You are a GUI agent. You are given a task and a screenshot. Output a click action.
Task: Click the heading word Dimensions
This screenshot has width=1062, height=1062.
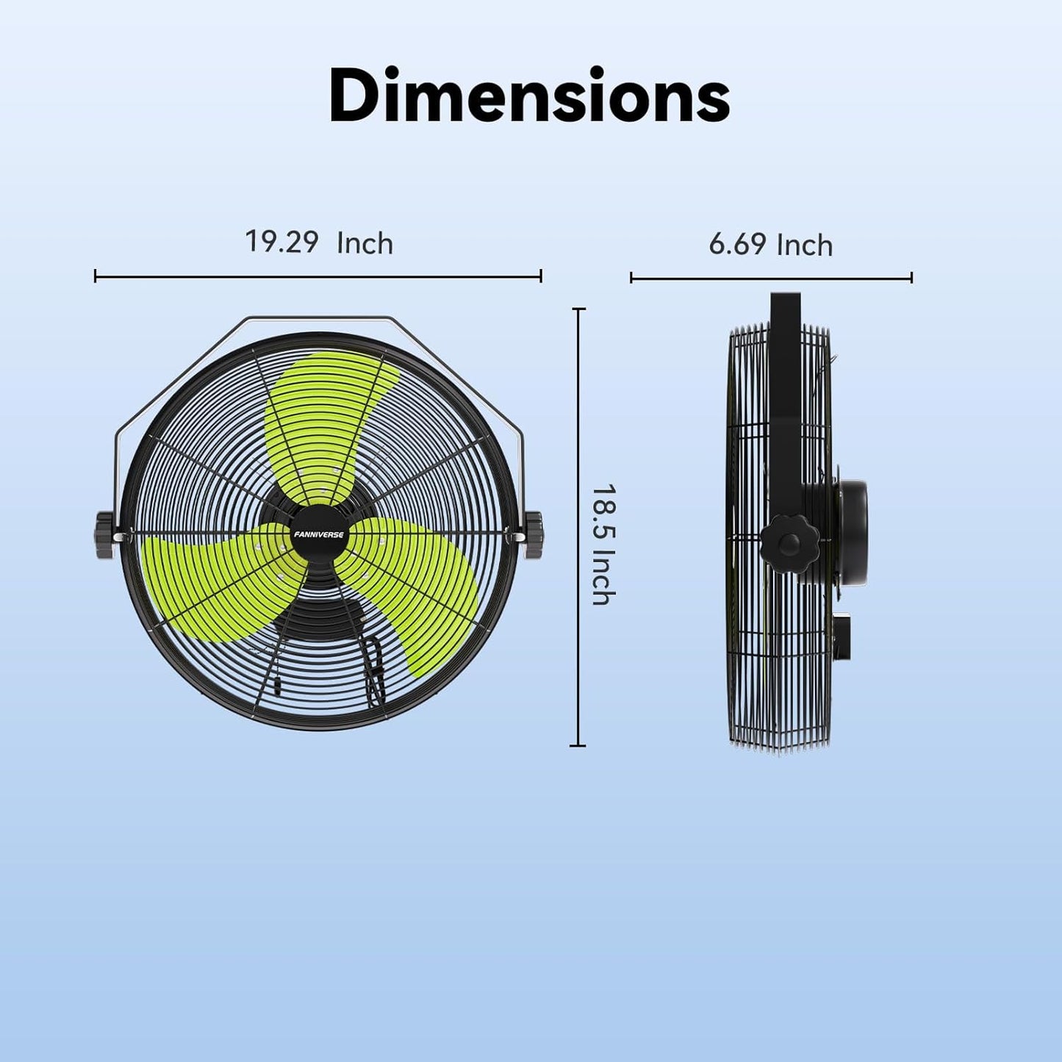[529, 96]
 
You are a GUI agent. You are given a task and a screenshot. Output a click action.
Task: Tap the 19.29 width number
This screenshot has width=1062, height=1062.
[281, 242]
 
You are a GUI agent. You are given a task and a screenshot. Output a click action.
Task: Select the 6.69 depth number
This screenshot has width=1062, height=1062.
[737, 244]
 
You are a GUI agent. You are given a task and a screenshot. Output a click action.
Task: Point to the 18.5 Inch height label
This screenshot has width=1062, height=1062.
[603, 545]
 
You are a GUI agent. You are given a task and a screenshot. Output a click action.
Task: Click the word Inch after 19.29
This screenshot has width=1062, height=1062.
[365, 244]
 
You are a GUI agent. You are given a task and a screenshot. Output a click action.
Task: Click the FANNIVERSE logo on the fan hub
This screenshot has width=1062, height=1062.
[318, 534]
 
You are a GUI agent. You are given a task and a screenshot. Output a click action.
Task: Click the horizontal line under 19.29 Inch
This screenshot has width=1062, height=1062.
[318, 276]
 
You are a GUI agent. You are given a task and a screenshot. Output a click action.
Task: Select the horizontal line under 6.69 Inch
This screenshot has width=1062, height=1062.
[771, 278]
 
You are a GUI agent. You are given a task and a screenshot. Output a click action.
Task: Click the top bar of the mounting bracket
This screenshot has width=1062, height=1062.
[318, 318]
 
